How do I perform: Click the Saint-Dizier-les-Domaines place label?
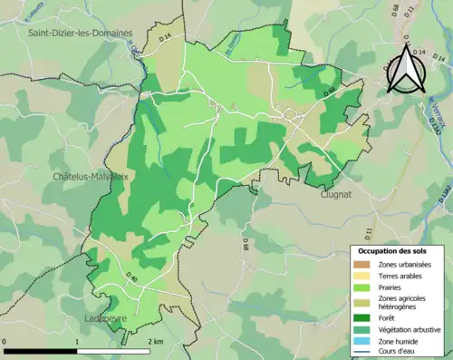click(x=80, y=33)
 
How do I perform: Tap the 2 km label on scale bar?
click(x=155, y=342)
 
